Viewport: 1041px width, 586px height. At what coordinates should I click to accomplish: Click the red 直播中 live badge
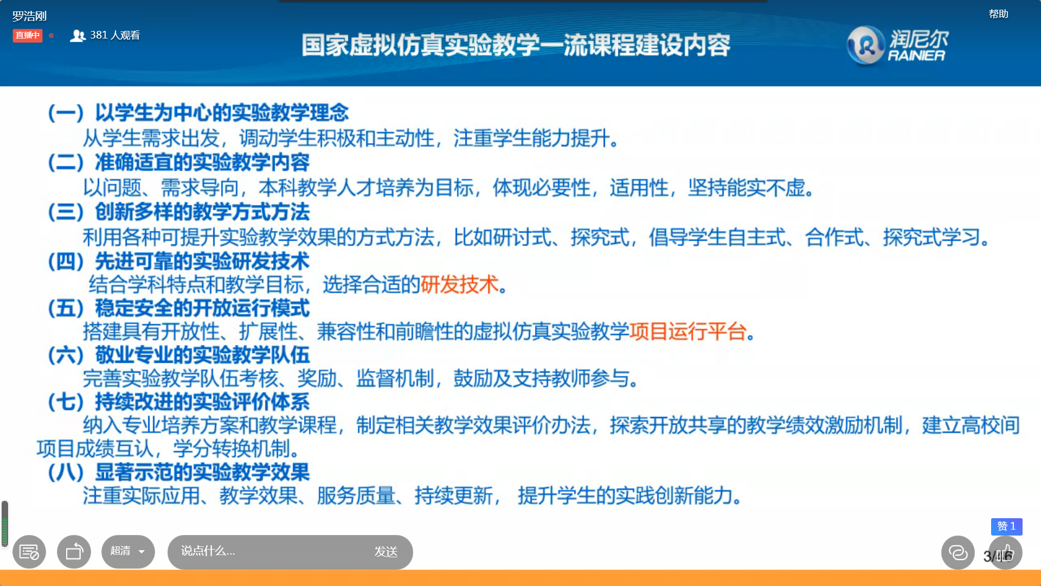point(27,35)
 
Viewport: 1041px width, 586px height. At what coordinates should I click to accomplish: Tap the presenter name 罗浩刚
point(29,16)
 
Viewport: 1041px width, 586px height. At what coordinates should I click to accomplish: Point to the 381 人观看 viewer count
point(105,35)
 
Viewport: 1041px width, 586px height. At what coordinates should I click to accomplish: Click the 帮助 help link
point(998,14)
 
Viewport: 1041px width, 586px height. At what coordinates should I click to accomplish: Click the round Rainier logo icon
point(866,45)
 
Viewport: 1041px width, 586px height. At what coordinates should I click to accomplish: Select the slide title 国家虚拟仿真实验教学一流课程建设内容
point(516,45)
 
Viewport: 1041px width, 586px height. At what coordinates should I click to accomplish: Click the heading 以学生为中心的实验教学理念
point(222,113)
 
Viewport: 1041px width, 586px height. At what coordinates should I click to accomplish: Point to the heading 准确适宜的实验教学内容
point(202,162)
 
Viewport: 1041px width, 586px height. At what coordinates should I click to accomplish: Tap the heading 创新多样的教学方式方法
point(202,212)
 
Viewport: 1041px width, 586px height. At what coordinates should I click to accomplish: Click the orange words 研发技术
point(459,284)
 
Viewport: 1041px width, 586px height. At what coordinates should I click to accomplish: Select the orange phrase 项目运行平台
point(688,331)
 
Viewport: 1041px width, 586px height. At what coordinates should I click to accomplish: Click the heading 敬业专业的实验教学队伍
point(202,355)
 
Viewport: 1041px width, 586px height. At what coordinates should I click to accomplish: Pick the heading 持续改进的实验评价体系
point(202,402)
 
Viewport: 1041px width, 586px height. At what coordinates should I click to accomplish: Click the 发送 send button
point(386,552)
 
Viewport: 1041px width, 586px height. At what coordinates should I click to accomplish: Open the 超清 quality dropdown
point(128,551)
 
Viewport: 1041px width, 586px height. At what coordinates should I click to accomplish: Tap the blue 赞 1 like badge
point(1006,526)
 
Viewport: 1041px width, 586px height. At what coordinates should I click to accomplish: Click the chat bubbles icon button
point(958,552)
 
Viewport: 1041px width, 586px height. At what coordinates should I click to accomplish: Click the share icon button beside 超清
point(74,552)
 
